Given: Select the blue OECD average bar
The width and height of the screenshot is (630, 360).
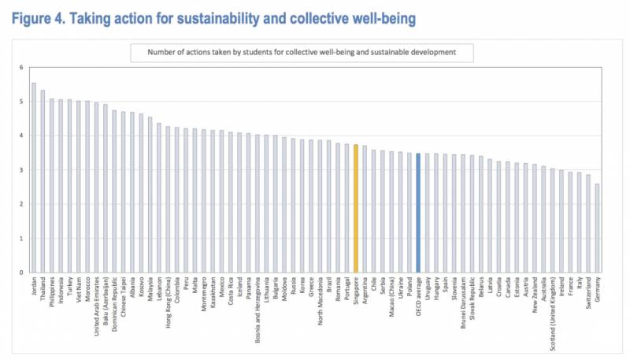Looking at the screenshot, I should tap(418, 213).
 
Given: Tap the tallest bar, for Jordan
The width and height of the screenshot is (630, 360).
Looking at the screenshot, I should tap(34, 177).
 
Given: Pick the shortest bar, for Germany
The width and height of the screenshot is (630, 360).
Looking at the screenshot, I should tap(596, 228).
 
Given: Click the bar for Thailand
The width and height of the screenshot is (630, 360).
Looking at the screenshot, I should tap(43, 181).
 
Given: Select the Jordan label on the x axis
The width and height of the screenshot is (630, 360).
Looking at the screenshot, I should tap(34, 288).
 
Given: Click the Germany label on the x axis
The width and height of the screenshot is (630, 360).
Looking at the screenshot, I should tap(596, 291).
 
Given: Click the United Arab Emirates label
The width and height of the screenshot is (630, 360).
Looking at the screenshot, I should tap(96, 303).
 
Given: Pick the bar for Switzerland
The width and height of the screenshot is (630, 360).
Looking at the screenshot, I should tap(587, 224).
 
